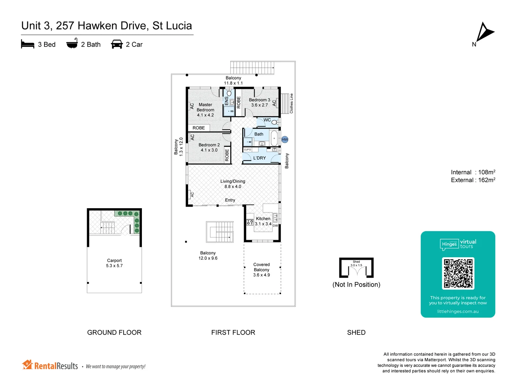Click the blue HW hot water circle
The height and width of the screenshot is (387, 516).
coord(285,139)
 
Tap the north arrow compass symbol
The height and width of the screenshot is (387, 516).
coord(484,33)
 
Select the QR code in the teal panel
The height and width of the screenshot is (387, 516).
coord(458,273)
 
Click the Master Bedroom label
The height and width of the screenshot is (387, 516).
coord(205,110)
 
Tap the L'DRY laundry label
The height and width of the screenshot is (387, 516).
coord(259,158)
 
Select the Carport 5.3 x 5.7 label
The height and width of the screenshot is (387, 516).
coord(114,263)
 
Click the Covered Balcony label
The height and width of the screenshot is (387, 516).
coord(262,270)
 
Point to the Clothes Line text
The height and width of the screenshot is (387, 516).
coord(291,104)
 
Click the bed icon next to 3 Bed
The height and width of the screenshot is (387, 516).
coord(28,44)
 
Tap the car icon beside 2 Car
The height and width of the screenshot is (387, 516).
coord(117,44)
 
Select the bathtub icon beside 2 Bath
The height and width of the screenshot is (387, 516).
coord(72,43)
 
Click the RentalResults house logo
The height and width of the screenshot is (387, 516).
coord(27,365)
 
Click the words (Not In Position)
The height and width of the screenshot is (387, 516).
coord(356,285)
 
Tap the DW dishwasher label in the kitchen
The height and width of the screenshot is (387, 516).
coord(275,226)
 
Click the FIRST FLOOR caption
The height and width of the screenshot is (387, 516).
coord(233,333)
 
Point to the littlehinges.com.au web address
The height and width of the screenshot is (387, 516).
coord(458,311)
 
